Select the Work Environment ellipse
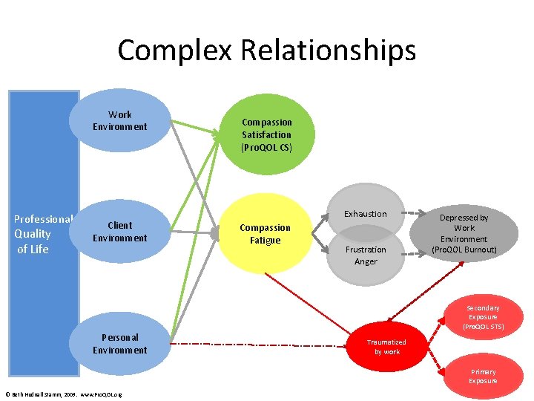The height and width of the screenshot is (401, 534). pyautogui.click(x=120, y=120)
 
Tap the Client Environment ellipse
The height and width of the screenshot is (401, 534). pyautogui.click(x=120, y=232)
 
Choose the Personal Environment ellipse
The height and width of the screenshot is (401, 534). pyautogui.click(x=120, y=344)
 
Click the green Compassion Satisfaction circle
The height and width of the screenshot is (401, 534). pyautogui.click(x=267, y=134)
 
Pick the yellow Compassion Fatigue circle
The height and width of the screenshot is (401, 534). pyautogui.click(x=266, y=233)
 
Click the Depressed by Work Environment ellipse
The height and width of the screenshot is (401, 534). pyautogui.click(x=464, y=232)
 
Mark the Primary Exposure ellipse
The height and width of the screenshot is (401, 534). pyautogui.click(x=483, y=376)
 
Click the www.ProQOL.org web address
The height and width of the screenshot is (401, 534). pyautogui.click(x=101, y=394)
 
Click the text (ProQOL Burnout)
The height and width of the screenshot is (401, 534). pyautogui.click(x=464, y=250)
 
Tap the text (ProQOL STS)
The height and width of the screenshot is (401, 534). pyautogui.click(x=483, y=326)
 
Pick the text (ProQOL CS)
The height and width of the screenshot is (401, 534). pyautogui.click(x=267, y=147)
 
